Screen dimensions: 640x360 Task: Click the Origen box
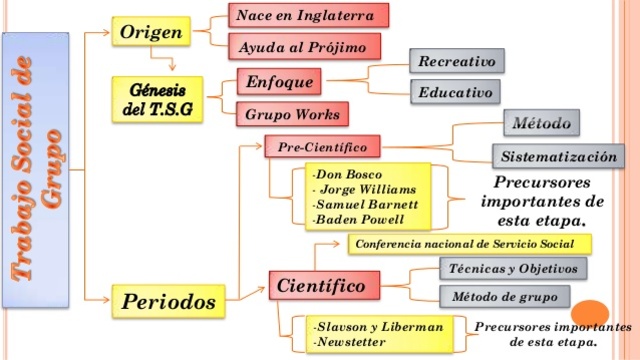(150, 32)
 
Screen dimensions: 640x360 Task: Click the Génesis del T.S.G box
(158, 98)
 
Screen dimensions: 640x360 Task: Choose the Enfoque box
(280, 80)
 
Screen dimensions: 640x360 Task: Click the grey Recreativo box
(456, 61)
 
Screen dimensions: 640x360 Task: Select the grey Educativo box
(455, 93)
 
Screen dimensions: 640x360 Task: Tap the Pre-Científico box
(322, 147)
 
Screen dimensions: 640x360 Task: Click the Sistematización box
(559, 157)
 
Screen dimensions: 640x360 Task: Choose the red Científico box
(323, 287)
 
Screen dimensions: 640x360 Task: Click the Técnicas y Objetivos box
(513, 268)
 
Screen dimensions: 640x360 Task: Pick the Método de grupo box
(504, 297)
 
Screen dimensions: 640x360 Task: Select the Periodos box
(169, 300)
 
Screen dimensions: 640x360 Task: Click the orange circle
(591, 314)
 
